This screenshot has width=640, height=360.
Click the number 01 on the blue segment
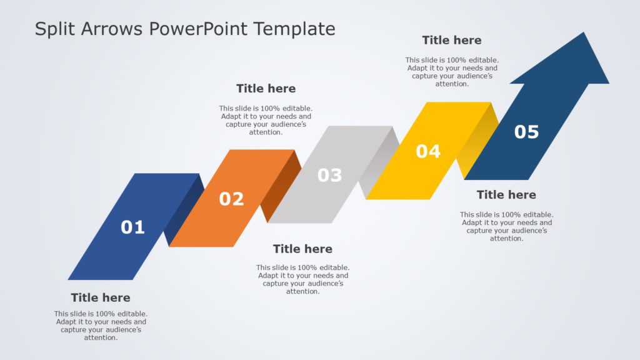pos(132,227)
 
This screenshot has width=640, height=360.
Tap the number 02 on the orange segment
pos(231,199)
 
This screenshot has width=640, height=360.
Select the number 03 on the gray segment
pos(329,176)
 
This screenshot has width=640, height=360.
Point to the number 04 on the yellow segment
pos(428,151)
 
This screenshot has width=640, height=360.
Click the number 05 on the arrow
pos(526,132)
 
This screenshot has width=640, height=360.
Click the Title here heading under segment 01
pos(101,297)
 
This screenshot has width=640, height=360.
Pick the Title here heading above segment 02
pos(266,88)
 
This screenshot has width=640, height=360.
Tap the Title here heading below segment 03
pos(302,249)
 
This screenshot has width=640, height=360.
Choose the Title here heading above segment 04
pos(451,40)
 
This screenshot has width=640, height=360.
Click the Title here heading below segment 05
pos(506,194)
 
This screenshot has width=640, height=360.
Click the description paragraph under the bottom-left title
pos(101,326)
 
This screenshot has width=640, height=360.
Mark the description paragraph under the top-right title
pos(451,72)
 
